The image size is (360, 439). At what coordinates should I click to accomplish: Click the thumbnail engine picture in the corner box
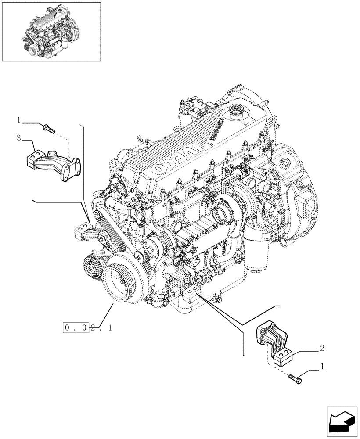click(x=51, y=31)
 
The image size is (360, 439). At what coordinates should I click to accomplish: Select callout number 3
click(x=19, y=139)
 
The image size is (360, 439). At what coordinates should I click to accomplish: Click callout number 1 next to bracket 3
click(x=19, y=120)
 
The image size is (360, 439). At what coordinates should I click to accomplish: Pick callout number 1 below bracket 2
click(x=323, y=366)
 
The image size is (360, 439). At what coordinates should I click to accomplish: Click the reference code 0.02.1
click(x=87, y=327)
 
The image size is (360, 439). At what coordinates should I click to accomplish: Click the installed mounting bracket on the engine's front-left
click(x=85, y=232)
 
